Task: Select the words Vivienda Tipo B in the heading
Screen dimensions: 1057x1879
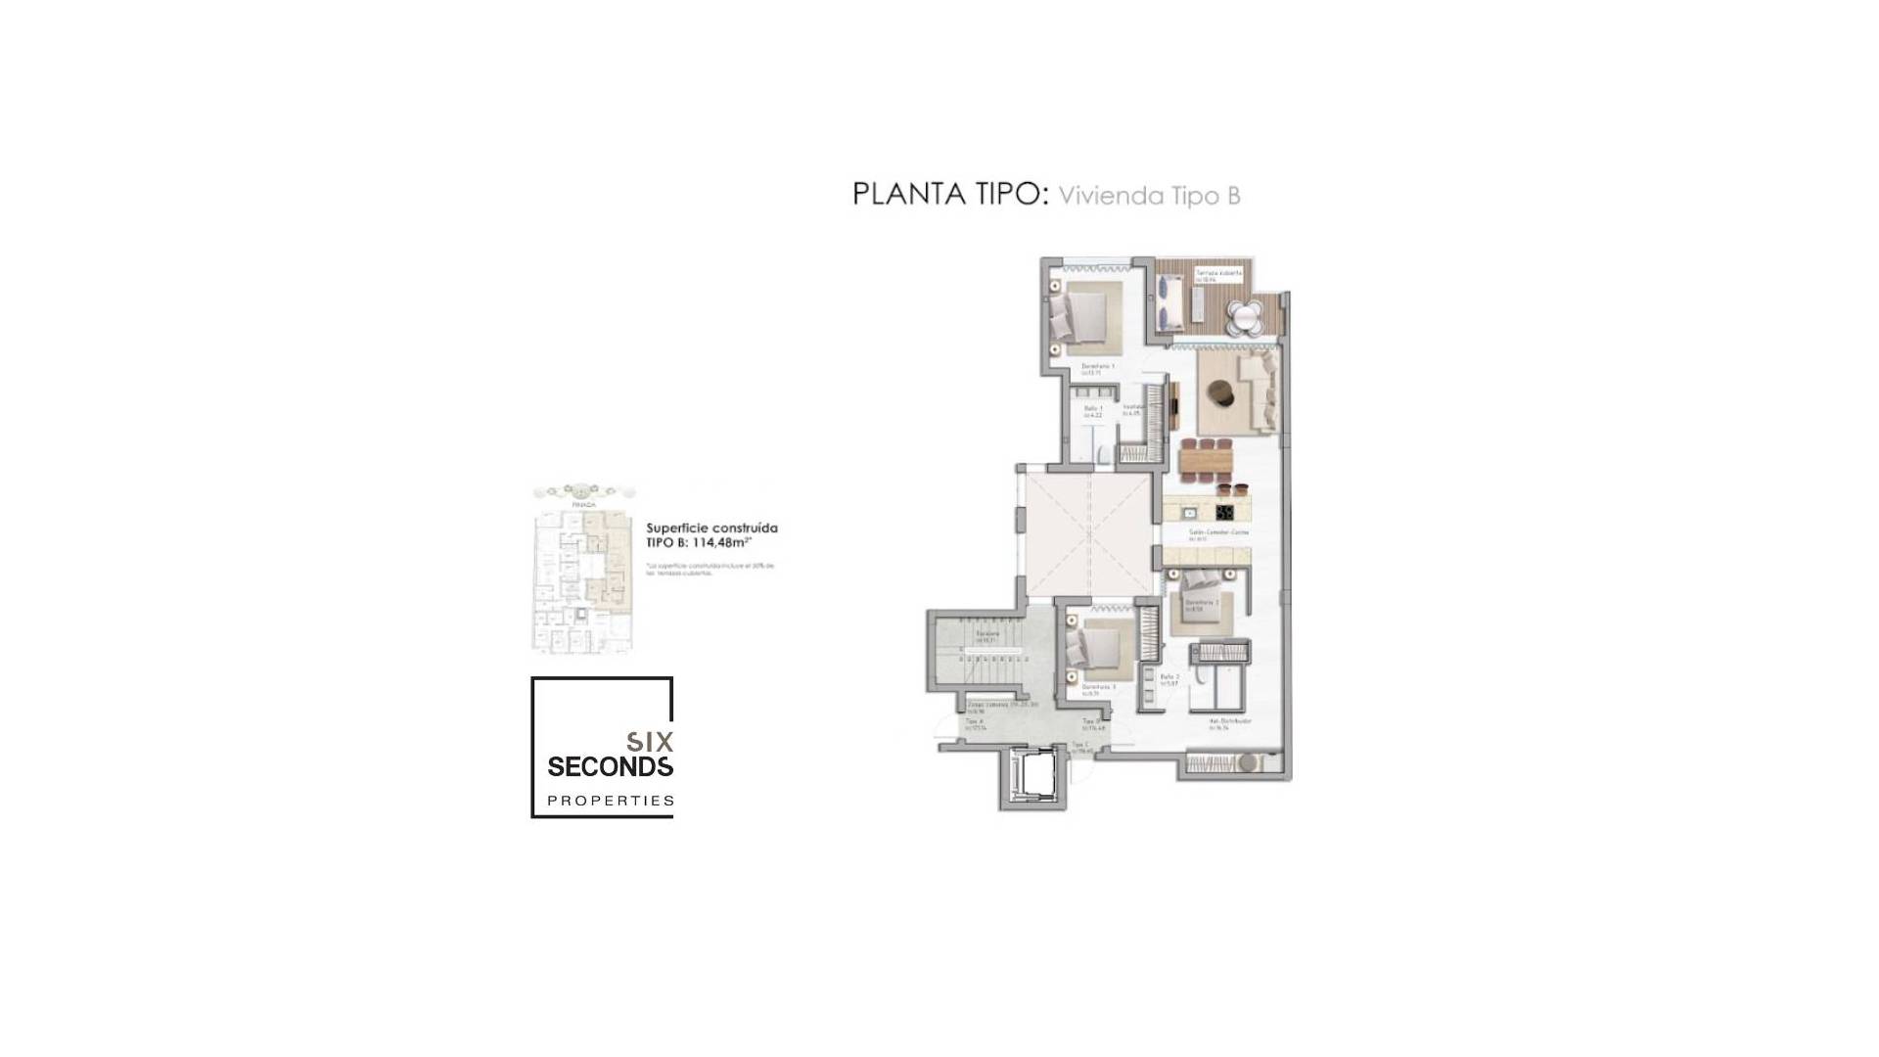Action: click(1149, 196)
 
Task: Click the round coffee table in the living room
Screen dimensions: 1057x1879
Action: click(1221, 393)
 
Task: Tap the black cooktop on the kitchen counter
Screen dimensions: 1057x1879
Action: click(1224, 512)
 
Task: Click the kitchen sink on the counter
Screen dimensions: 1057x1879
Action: click(1189, 512)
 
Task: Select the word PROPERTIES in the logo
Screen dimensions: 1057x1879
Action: click(610, 801)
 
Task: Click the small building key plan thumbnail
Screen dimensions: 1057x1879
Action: click(584, 569)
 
